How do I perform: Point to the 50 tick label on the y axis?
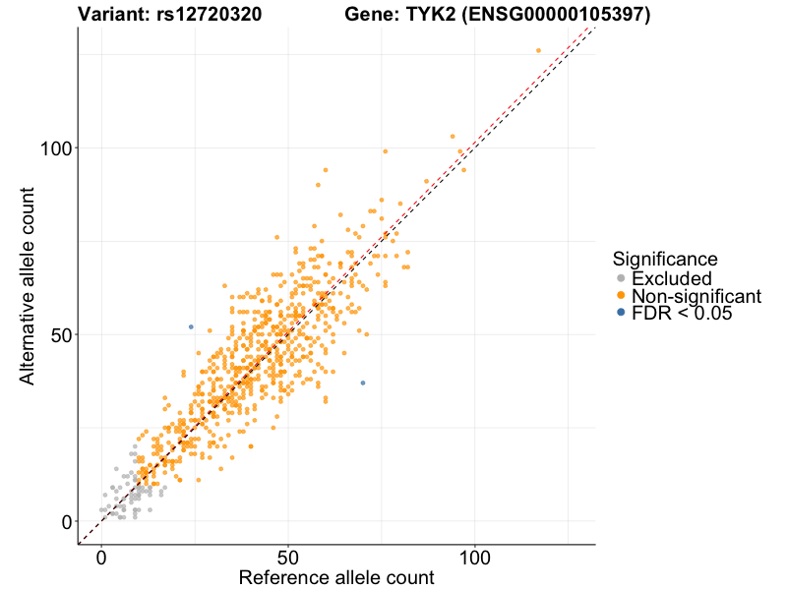coord(61,334)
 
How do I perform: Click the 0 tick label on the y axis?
coord(67,521)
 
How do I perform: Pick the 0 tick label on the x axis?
coord(102,558)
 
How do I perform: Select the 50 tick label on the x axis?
coord(288,558)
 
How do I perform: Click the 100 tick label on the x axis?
coord(475,558)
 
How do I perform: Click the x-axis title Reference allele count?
coord(336,578)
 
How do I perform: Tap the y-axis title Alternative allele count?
coord(29,286)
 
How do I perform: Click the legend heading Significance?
coord(665,259)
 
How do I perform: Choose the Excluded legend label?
coord(671,278)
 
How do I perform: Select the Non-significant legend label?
coord(696,295)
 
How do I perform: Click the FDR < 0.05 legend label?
coord(682,313)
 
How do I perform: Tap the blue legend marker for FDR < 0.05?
coord(620,313)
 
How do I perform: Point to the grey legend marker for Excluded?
coord(620,278)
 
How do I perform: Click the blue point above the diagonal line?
coord(191,326)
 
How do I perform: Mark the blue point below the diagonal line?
coord(363,383)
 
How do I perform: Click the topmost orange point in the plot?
coord(538,50)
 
